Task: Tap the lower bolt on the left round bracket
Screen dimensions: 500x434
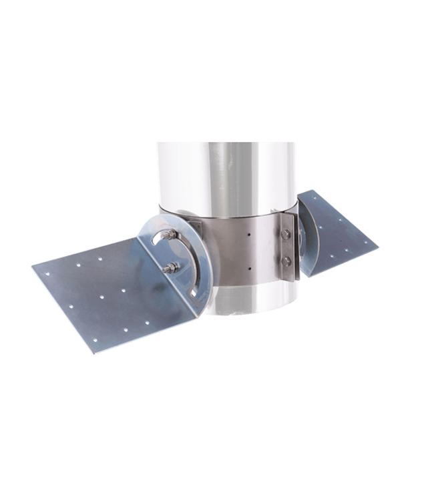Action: [170, 269]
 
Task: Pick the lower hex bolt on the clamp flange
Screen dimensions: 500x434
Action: [285, 260]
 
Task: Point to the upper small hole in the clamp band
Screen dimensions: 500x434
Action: [249, 235]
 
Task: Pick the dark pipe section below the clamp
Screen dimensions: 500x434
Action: [244, 303]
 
